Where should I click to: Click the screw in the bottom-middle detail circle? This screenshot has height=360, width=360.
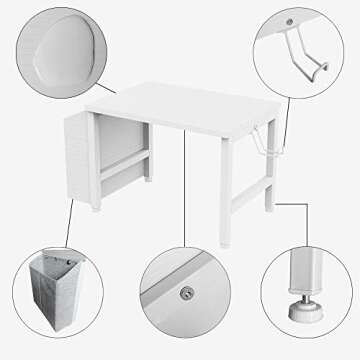coord(186,294)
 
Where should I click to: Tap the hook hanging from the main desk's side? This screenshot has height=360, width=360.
coord(263,140)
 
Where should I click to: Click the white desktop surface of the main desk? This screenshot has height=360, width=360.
coord(170,110)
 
